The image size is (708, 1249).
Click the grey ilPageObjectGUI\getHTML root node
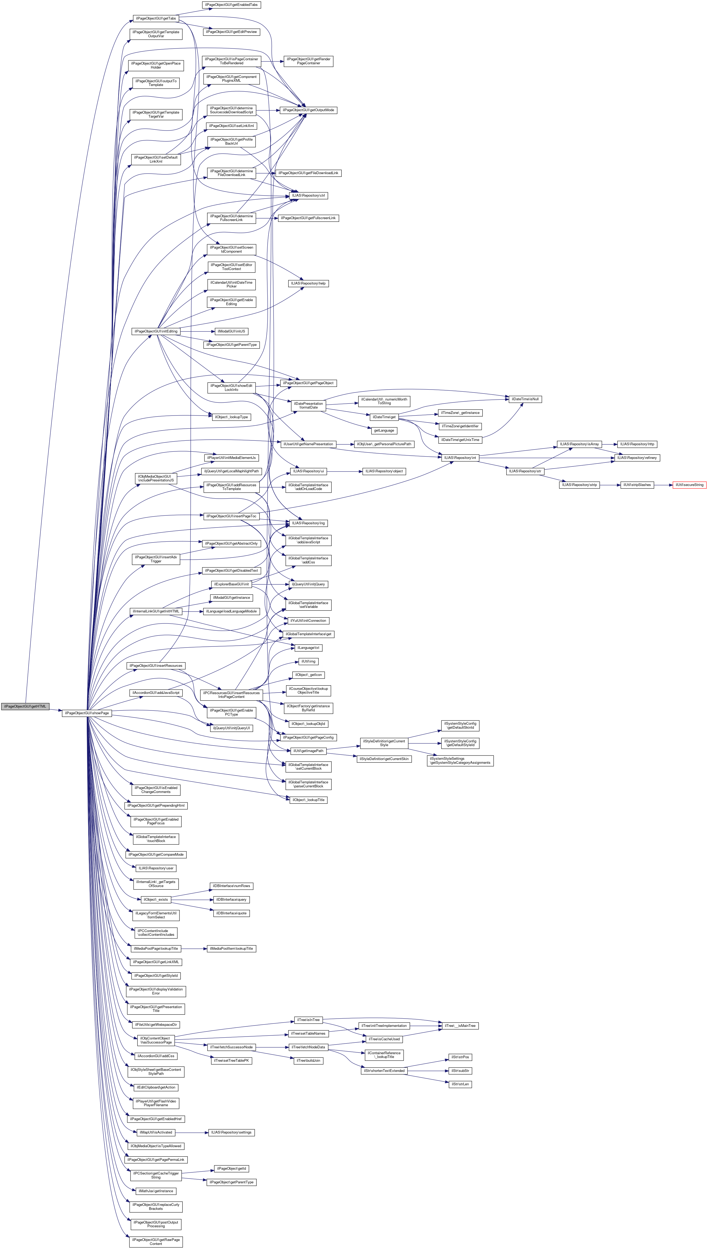click(25, 706)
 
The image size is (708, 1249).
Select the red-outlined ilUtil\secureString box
click(689, 485)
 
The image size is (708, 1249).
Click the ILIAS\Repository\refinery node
click(638, 458)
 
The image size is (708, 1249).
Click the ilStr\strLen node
click(459, 1084)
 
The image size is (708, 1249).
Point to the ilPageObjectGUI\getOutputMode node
click(308, 110)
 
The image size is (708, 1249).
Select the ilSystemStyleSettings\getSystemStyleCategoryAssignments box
click(460, 760)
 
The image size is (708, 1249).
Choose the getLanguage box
click(384, 430)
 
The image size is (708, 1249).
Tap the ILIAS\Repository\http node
click(638, 444)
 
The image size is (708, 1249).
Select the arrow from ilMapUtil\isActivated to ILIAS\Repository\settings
click(191, 1132)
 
